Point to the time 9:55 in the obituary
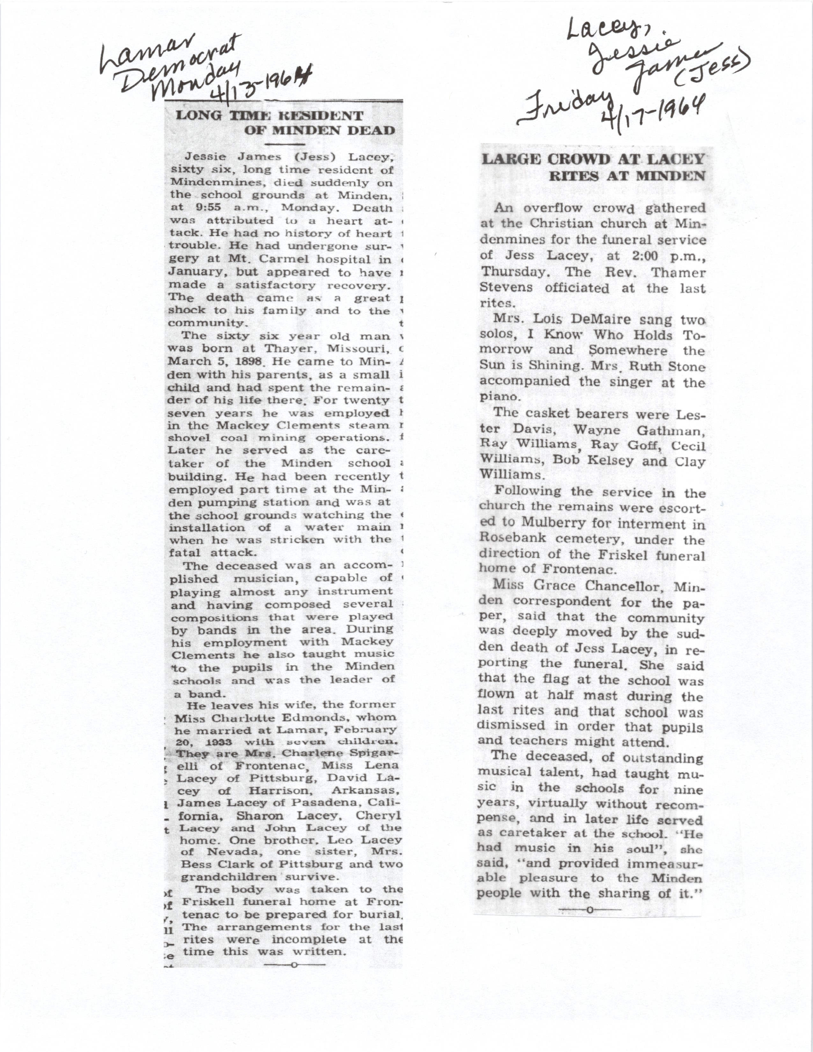pos(200,208)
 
